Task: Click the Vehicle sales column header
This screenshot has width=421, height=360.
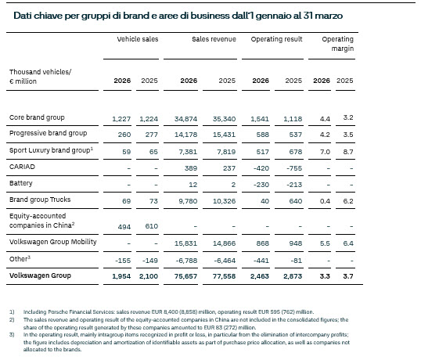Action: click(138, 39)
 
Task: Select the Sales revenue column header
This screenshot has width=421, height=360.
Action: click(214, 39)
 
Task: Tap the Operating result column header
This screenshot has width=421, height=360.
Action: click(276, 39)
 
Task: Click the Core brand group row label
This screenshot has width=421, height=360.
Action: click(37, 117)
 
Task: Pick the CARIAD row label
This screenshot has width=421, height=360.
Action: click(22, 167)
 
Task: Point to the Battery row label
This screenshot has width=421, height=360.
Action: click(21, 183)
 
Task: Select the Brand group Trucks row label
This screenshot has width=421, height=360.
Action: click(40, 200)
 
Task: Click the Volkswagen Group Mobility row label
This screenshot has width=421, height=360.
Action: click(53, 242)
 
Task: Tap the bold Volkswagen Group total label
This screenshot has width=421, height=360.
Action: click(40, 275)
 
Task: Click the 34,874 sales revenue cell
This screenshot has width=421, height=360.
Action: click(185, 119)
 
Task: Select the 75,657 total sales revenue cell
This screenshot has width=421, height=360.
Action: click(185, 276)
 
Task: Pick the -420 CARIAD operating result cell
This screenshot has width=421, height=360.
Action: click(261, 168)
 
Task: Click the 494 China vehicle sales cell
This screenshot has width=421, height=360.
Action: click(124, 227)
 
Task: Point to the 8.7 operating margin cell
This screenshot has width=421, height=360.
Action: click(348, 152)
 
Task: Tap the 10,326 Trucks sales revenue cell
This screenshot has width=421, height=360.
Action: click(224, 201)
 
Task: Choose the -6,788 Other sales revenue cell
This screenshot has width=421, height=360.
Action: click(186, 261)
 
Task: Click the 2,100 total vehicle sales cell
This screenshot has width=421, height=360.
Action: click(149, 276)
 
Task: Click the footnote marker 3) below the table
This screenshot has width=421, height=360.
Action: click(12, 335)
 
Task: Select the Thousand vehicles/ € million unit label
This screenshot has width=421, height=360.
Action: click(40, 77)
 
